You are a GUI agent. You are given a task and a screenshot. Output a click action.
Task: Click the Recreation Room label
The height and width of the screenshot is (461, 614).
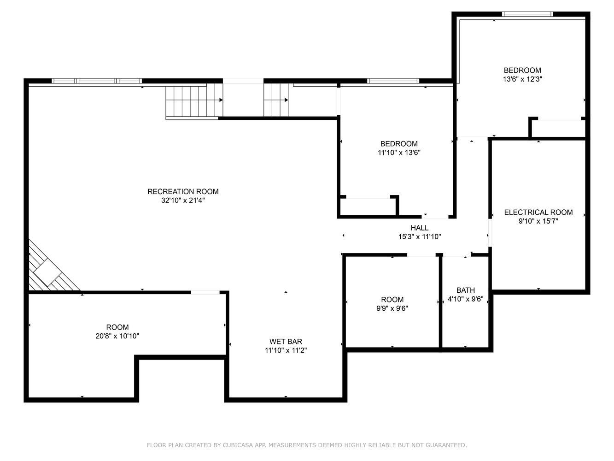183,191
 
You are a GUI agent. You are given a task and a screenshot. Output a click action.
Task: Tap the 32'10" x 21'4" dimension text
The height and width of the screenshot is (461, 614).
183,201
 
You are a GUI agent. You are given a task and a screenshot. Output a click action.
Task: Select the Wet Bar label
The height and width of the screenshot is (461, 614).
286,342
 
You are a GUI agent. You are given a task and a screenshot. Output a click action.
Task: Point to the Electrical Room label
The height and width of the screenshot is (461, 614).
538,212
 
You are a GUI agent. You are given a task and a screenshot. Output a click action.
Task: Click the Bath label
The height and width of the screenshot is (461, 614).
466,290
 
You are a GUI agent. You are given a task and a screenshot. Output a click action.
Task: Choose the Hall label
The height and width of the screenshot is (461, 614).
419,228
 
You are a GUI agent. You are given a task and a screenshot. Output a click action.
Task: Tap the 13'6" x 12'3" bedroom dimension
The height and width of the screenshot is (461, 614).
522,79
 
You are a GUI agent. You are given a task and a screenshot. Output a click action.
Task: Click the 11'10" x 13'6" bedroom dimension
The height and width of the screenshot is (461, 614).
399,153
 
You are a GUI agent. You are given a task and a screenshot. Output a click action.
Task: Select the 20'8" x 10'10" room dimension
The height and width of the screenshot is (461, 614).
117,336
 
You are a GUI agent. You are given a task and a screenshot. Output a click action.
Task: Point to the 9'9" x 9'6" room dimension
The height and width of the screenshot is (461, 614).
392,308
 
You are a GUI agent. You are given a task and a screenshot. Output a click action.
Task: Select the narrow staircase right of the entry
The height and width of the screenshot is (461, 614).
276,100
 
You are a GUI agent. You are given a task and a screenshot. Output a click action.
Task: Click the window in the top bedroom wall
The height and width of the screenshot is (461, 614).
527,14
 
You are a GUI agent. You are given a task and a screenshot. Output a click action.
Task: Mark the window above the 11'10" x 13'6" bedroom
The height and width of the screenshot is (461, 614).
393,81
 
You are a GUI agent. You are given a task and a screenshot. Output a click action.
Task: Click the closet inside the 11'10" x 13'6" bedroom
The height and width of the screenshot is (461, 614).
368,207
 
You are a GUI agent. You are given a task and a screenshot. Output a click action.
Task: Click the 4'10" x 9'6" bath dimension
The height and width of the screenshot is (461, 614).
466,299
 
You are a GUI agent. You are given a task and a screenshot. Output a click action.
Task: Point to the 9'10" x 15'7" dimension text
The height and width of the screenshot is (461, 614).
538,221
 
